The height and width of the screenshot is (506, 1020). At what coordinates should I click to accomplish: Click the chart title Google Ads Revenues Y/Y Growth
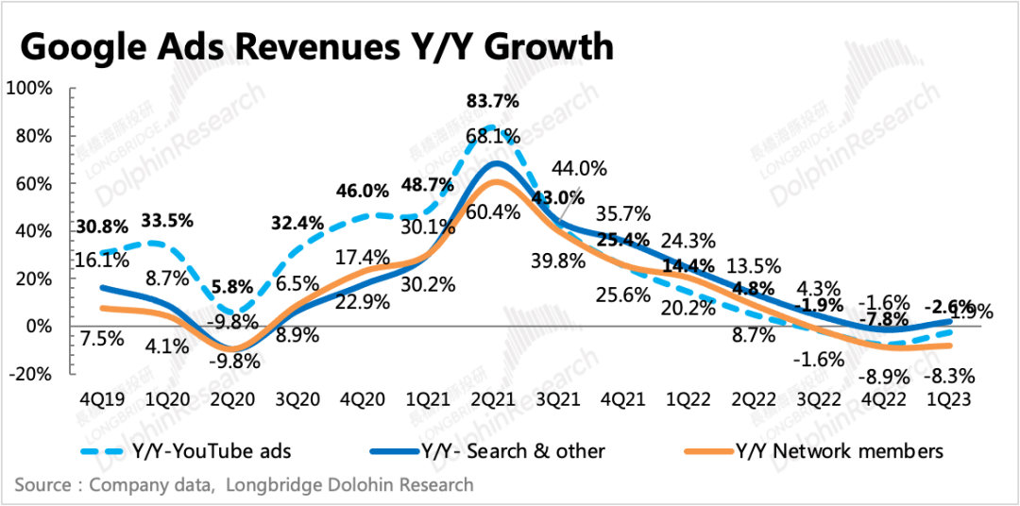[317, 45]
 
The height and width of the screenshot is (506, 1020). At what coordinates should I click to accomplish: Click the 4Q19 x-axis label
[98, 397]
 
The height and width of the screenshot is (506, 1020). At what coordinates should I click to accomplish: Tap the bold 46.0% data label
[362, 191]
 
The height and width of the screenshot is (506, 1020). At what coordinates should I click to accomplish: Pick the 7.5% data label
[101, 338]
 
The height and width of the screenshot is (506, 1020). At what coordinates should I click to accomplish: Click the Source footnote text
[244, 485]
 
